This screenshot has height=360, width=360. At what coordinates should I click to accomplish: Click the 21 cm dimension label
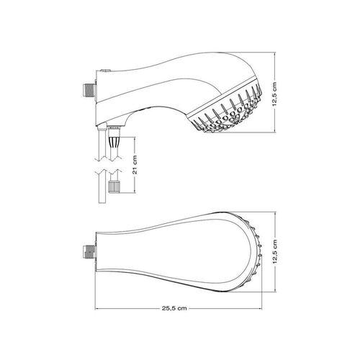[x=135, y=165]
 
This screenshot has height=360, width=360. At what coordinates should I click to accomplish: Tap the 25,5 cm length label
[x=174, y=308]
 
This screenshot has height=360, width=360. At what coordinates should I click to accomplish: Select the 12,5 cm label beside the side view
[x=275, y=94]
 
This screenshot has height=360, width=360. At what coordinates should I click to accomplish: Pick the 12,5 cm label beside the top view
[x=275, y=251]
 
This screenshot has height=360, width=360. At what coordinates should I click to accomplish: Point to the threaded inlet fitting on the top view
[x=90, y=251]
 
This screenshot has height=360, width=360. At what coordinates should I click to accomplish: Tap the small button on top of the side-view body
[x=106, y=71]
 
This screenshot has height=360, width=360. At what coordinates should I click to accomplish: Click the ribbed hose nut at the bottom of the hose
[x=114, y=186]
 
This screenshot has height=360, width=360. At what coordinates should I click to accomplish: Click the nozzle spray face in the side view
[x=226, y=108]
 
